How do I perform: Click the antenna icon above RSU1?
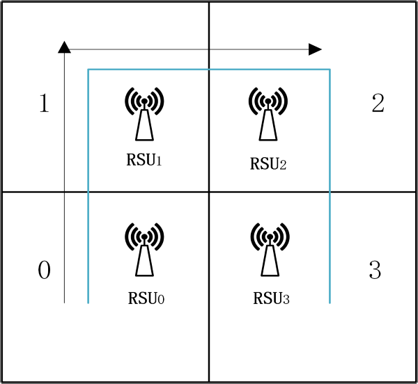[144, 115]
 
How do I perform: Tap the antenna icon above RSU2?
[267, 115]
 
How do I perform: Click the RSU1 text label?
[144, 160]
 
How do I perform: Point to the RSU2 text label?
[268, 164]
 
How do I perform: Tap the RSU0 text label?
[146, 298]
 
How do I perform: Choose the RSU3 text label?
[271, 299]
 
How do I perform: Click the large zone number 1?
[44, 104]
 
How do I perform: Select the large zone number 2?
[378, 104]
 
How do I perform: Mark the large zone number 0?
[44, 270]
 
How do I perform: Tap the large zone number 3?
[375, 270]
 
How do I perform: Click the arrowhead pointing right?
[315, 49]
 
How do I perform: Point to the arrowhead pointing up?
[64, 47]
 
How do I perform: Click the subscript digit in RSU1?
[159, 161]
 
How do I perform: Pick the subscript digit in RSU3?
[286, 301]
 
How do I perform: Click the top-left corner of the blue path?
[88, 70]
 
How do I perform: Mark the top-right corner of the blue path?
[330, 70]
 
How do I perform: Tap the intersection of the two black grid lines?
[209, 192]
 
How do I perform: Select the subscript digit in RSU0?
[160, 300]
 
